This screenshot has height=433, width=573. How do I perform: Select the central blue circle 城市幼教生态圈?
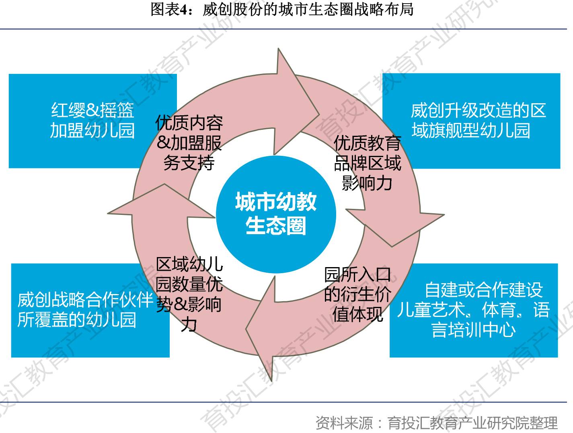pos(276,213)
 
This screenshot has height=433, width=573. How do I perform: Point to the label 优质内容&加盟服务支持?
pos(189,143)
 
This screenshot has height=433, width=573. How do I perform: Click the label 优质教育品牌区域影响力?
pos(367,163)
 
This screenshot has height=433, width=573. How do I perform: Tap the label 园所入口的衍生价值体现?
pos(357,294)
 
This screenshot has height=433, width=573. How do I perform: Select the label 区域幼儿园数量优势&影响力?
pos(189,294)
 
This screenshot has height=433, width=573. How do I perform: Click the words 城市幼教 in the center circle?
pos(276,202)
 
